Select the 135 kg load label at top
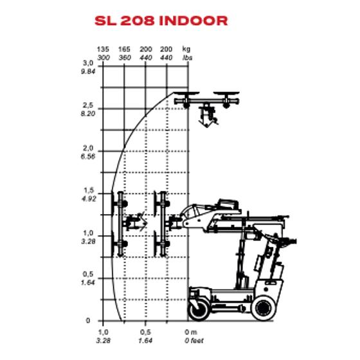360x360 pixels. tap(102, 49)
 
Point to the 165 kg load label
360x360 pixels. tap(124, 49)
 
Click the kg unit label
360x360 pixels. tap(186, 49)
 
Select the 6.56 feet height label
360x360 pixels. tap(87, 156)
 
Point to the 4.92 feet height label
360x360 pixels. tap(87, 199)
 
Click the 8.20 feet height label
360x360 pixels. tap(87, 113)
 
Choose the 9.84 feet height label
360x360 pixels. tap(87, 70)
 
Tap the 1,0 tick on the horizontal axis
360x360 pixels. tap(102, 331)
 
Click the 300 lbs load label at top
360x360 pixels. tap(102, 57)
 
